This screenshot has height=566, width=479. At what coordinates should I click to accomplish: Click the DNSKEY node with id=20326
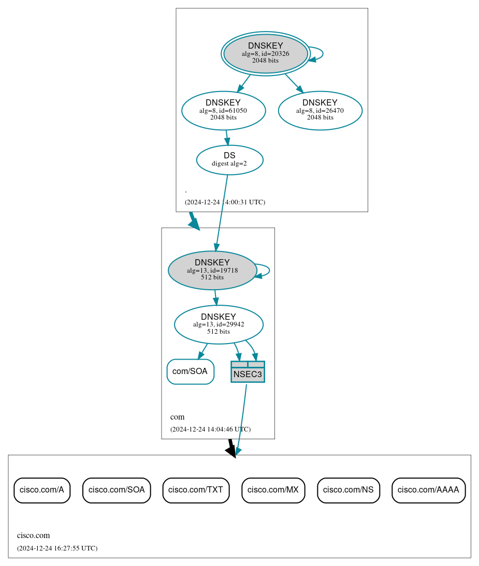click(266, 53)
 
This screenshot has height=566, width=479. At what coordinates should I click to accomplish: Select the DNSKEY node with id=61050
click(223, 110)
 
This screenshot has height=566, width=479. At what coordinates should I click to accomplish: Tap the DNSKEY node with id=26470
click(320, 110)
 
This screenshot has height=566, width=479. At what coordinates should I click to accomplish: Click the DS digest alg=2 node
click(229, 159)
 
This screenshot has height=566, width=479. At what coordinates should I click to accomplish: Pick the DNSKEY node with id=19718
click(212, 270)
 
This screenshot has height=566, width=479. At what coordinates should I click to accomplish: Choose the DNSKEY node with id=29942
click(219, 324)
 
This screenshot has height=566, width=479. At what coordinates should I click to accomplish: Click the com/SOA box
click(190, 371)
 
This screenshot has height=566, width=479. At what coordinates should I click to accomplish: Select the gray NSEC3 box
click(248, 372)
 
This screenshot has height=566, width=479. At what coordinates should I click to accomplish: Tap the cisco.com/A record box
click(42, 490)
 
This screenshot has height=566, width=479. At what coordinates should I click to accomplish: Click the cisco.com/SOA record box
click(117, 490)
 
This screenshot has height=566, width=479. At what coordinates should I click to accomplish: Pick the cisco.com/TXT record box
click(196, 490)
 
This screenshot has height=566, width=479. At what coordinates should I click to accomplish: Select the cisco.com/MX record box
click(273, 490)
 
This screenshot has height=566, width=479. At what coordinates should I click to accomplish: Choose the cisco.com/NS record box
click(349, 490)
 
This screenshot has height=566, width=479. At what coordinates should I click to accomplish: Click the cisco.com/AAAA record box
click(428, 490)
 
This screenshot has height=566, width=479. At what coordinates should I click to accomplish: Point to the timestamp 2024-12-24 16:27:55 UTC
click(57, 548)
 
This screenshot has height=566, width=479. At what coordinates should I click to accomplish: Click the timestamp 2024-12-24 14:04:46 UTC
click(210, 429)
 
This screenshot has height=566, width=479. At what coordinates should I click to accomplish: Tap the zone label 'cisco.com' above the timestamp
click(33, 535)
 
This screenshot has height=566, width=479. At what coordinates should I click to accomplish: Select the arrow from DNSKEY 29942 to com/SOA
click(202, 351)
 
